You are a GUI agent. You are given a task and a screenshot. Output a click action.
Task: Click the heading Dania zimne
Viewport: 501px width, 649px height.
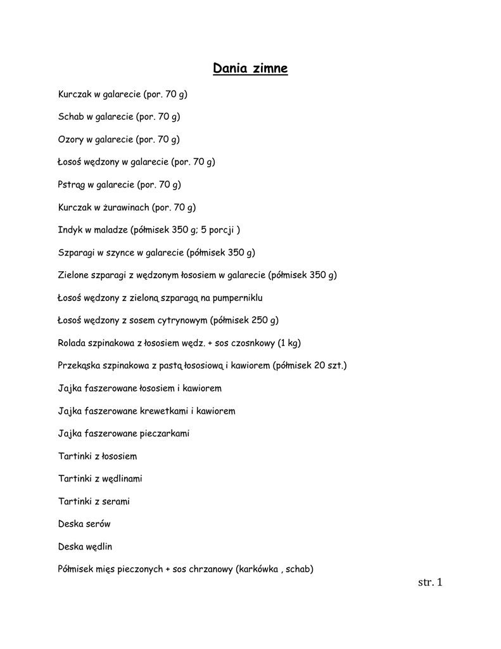coord(250,68)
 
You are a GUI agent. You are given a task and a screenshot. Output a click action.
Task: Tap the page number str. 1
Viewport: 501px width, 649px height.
coord(430,582)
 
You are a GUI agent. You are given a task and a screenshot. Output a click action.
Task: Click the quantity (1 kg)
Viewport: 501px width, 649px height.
coord(289,343)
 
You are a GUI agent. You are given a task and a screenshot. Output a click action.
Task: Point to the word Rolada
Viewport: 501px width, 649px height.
coord(72,343)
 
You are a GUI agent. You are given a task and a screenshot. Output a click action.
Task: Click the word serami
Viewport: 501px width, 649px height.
coord(116,501)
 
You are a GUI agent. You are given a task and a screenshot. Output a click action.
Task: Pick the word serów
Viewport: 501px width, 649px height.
coord(98,524)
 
